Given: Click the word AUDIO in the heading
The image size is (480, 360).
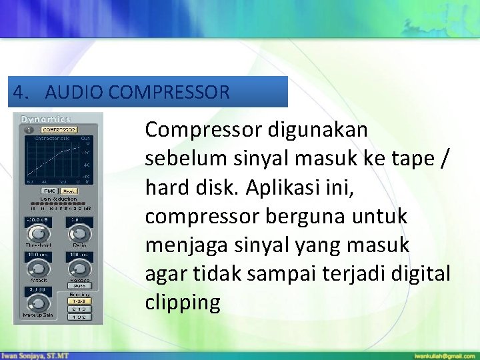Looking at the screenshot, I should [73, 92].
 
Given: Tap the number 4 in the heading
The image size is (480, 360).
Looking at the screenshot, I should [18, 92].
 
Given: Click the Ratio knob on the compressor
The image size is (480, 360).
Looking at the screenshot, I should [79, 233].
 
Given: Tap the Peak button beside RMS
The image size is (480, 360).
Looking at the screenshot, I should [69, 191].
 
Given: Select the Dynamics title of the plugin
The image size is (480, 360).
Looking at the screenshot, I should [45, 119].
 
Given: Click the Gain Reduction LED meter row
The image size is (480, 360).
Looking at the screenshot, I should [59, 203].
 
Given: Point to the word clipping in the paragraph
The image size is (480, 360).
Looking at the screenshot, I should [182, 302].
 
